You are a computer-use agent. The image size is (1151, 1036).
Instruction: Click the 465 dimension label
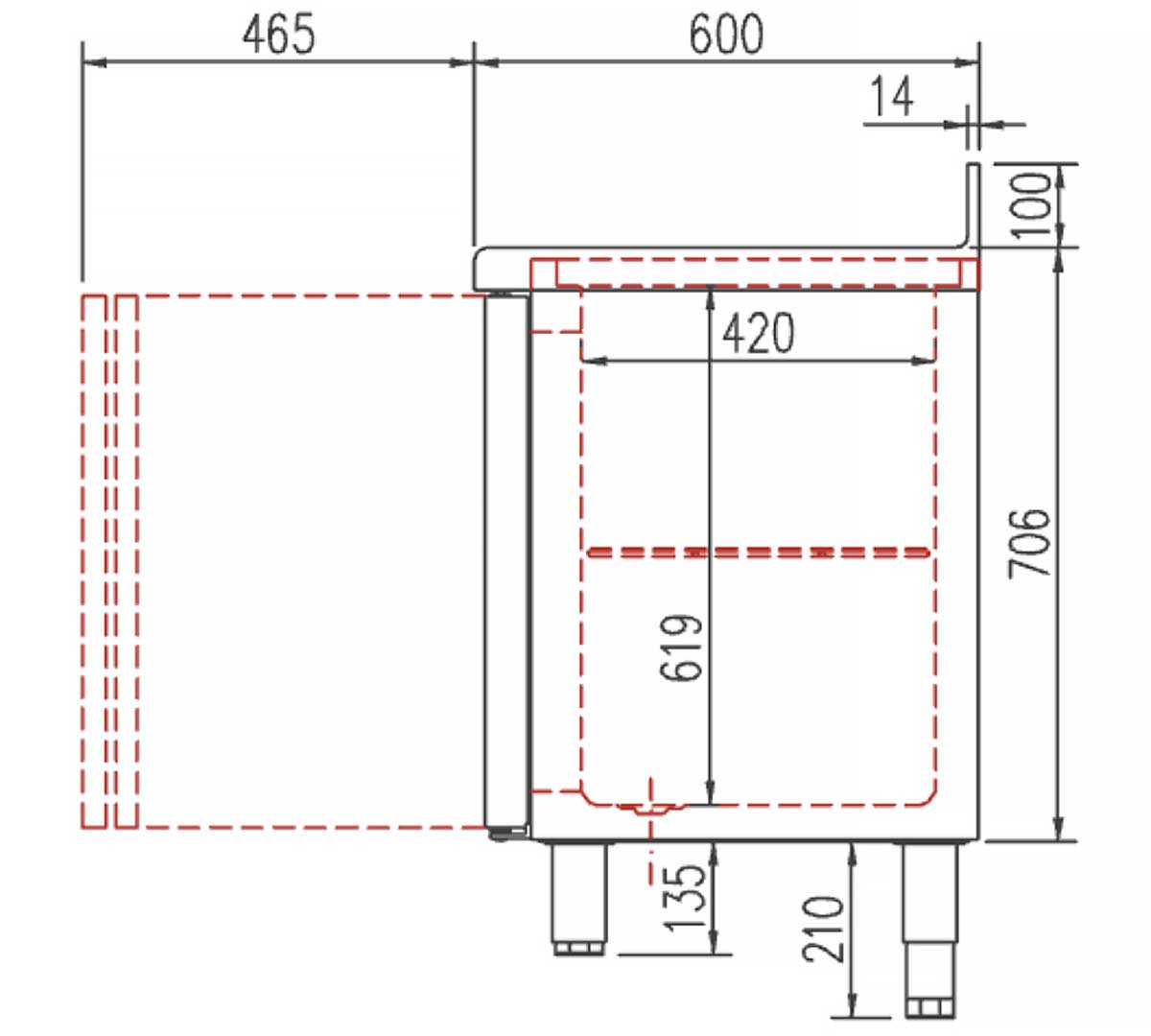[278, 34]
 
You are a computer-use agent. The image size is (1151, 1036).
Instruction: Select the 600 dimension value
[726, 35]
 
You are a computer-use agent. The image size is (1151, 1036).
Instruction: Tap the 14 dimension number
[892, 96]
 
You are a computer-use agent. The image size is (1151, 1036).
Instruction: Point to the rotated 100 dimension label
[1031, 205]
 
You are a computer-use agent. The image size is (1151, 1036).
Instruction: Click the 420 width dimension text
[758, 333]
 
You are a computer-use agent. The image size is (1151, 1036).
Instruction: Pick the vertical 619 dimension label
[681, 648]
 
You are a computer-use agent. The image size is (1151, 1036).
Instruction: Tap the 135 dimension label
[683, 896]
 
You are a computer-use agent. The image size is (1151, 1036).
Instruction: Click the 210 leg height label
[823, 929]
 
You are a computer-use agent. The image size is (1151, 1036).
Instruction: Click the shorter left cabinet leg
[579, 898]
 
